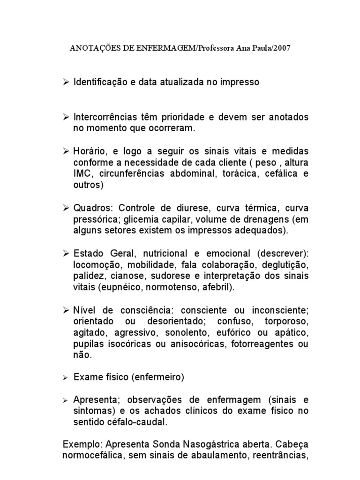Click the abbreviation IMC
(x=82, y=174)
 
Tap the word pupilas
(x=88, y=345)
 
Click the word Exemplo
(x=82, y=443)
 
